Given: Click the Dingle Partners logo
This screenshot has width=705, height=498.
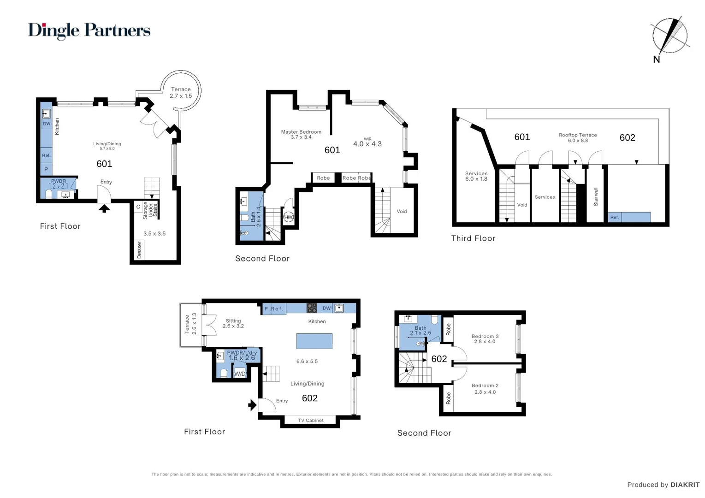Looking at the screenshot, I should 89,30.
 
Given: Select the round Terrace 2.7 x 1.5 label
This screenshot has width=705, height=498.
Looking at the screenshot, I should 181,93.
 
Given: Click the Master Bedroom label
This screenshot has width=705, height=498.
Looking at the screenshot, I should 301,134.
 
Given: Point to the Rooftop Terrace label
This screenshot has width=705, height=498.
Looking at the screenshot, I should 578,137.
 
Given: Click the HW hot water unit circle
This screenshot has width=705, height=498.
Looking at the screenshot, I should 288,217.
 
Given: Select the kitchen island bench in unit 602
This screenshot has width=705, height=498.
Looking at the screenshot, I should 314,341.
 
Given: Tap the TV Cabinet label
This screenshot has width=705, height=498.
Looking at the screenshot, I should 311,421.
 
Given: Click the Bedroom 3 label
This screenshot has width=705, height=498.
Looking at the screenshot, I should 485,339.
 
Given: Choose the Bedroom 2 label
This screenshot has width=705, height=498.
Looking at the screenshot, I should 485,389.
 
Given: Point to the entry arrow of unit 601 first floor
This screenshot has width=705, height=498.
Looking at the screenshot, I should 105,209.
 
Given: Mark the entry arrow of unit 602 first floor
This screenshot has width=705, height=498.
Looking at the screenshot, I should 252,405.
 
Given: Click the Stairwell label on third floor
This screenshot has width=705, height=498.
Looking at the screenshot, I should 596,197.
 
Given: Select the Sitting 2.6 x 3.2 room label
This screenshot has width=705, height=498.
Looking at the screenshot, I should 233,323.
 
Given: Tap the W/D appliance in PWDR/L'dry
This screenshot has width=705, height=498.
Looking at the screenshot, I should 240,373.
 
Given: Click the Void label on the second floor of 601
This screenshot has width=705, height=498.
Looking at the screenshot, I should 402,212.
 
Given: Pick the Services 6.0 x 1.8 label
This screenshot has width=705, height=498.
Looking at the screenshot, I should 476,176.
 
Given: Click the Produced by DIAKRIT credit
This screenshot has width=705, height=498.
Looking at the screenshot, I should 663,485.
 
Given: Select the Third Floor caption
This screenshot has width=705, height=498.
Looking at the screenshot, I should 473,238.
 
